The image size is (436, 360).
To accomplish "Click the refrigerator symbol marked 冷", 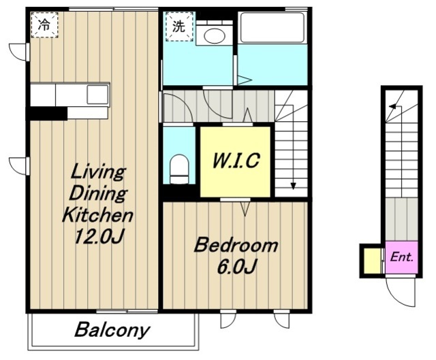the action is pos(44,24).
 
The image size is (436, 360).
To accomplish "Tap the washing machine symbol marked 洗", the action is pos(179,27).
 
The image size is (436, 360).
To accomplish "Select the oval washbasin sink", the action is pos(215,35).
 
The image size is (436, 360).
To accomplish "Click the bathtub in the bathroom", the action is pos(272,27).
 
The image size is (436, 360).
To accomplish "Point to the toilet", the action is pos(179,169).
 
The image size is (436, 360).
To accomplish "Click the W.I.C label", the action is pos(236,161).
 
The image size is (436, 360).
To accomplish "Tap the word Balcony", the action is pos(112,330).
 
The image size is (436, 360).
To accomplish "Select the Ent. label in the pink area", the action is pos(401,257).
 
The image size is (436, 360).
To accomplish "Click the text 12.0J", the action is pos(98,236).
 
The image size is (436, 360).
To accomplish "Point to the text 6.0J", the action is pos(236,266).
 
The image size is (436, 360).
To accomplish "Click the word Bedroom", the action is pos(236,245).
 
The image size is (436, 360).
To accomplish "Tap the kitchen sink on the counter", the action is pos(97,95).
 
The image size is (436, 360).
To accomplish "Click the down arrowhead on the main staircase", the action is pos(293,186).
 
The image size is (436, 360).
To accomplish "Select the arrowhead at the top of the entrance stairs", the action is pos(393,107).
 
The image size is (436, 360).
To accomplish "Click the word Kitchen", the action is pos(97,215).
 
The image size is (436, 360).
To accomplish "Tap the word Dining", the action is pos(98,193).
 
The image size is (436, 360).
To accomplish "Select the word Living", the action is pos(97,172).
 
